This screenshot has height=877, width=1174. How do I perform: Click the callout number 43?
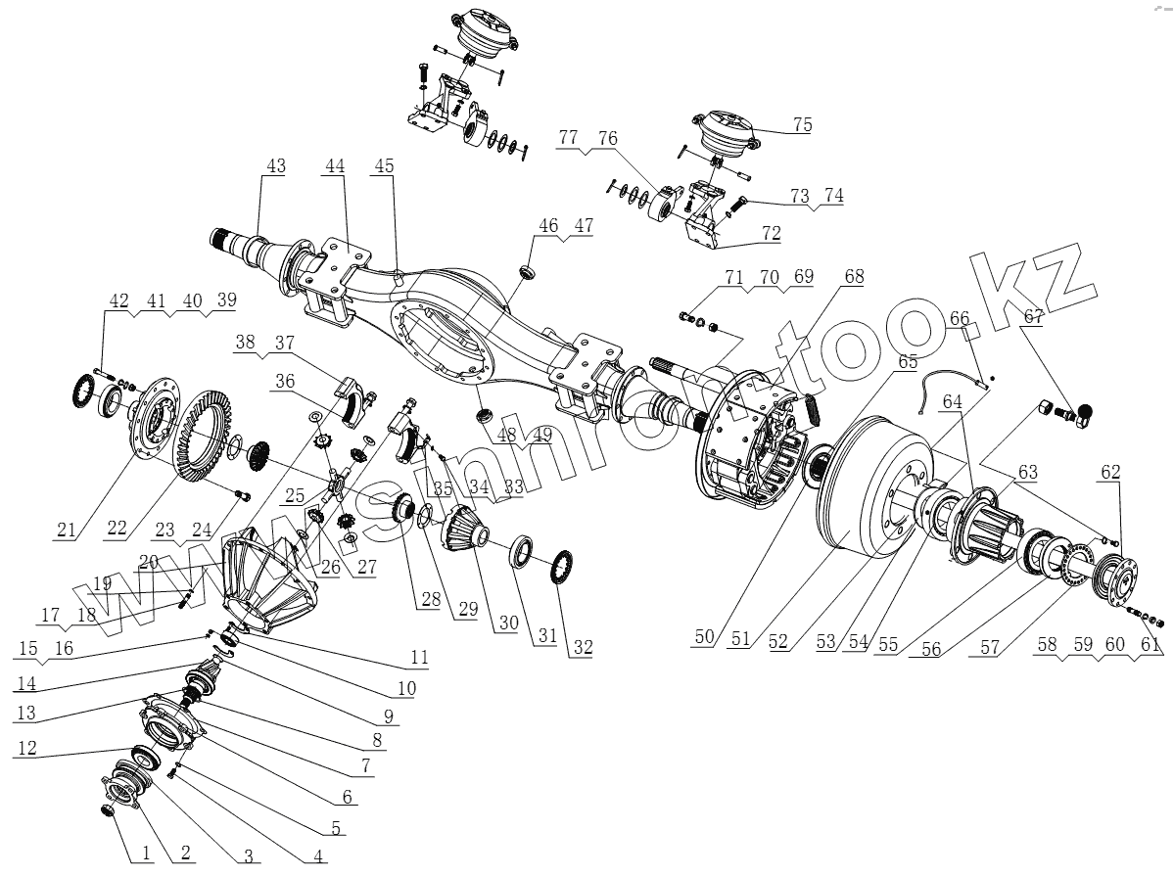click(x=275, y=166)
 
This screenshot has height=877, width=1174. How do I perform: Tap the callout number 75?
click(x=802, y=124)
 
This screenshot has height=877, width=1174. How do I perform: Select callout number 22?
click(x=117, y=529)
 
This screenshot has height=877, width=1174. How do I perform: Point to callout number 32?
click(x=584, y=646)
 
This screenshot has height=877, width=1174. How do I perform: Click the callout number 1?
click(x=145, y=854)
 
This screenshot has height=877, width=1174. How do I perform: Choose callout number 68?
click(x=854, y=278)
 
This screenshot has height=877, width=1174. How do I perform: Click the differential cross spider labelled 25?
click(x=337, y=484)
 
